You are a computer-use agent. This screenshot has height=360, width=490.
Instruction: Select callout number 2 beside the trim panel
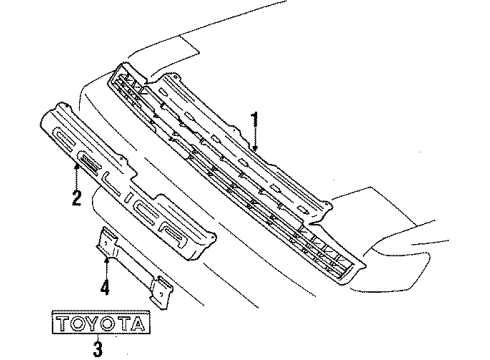76,198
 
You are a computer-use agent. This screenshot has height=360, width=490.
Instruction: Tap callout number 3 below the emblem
98,348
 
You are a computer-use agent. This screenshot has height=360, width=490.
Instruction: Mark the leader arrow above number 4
104,266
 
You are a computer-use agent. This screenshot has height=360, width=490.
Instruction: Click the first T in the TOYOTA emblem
63,323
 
